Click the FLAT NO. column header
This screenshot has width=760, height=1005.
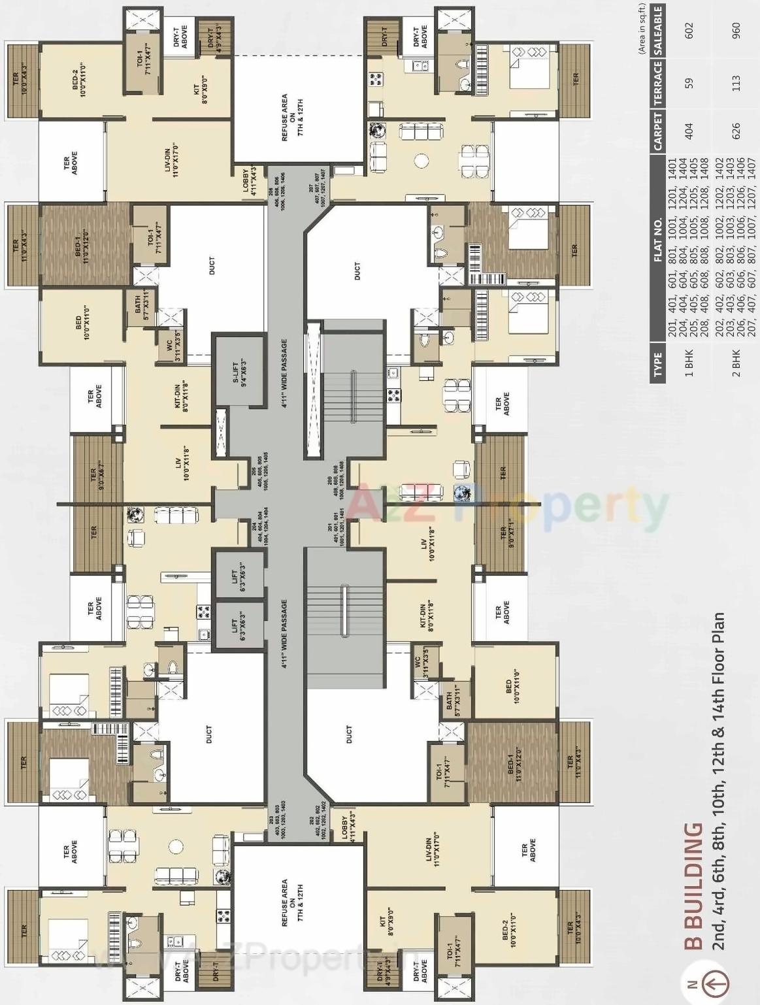pyautogui.click(x=658, y=239)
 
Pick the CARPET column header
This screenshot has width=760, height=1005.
pyautogui.click(x=658, y=131)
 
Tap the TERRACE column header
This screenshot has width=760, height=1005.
pyautogui.click(x=658, y=83)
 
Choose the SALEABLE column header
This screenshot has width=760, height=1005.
pyautogui.click(x=658, y=30)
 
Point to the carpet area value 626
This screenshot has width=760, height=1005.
pyautogui.click(x=736, y=131)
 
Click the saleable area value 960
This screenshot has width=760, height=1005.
pyautogui.click(x=736, y=30)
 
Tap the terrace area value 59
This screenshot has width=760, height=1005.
pyautogui.click(x=689, y=83)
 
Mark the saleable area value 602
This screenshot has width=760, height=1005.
pyautogui.click(x=689, y=30)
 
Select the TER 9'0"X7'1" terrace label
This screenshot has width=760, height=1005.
pyautogui.click(x=507, y=533)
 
